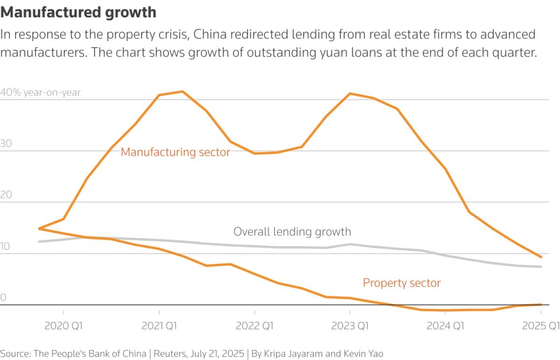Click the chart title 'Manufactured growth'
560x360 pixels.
pyautogui.click(x=78, y=12)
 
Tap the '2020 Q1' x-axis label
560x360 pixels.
pyautogui.click(x=63, y=325)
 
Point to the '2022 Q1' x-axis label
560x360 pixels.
pyautogui.click(x=254, y=325)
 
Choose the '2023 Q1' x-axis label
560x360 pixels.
pyautogui.click(x=350, y=325)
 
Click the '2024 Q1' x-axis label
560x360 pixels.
pyautogui.click(x=446, y=325)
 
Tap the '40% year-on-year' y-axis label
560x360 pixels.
pyautogui.click(x=41, y=92)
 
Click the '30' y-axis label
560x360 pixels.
pyautogui.click(x=6, y=144)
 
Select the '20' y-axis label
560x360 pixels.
pyautogui.click(x=6, y=195)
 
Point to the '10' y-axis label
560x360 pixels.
pyautogui.click(x=6, y=247)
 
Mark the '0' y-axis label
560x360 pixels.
pyautogui.click(x=3, y=298)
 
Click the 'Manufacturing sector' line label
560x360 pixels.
pyautogui.click(x=175, y=152)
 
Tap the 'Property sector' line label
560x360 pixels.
pyautogui.click(x=402, y=283)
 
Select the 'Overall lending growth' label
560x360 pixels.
pyautogui.click(x=292, y=231)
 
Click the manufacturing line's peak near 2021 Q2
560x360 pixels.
pyautogui.click(x=182, y=91)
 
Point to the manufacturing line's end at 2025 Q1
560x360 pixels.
pyautogui.click(x=541, y=257)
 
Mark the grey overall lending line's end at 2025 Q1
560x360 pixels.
pyautogui.click(x=541, y=267)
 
